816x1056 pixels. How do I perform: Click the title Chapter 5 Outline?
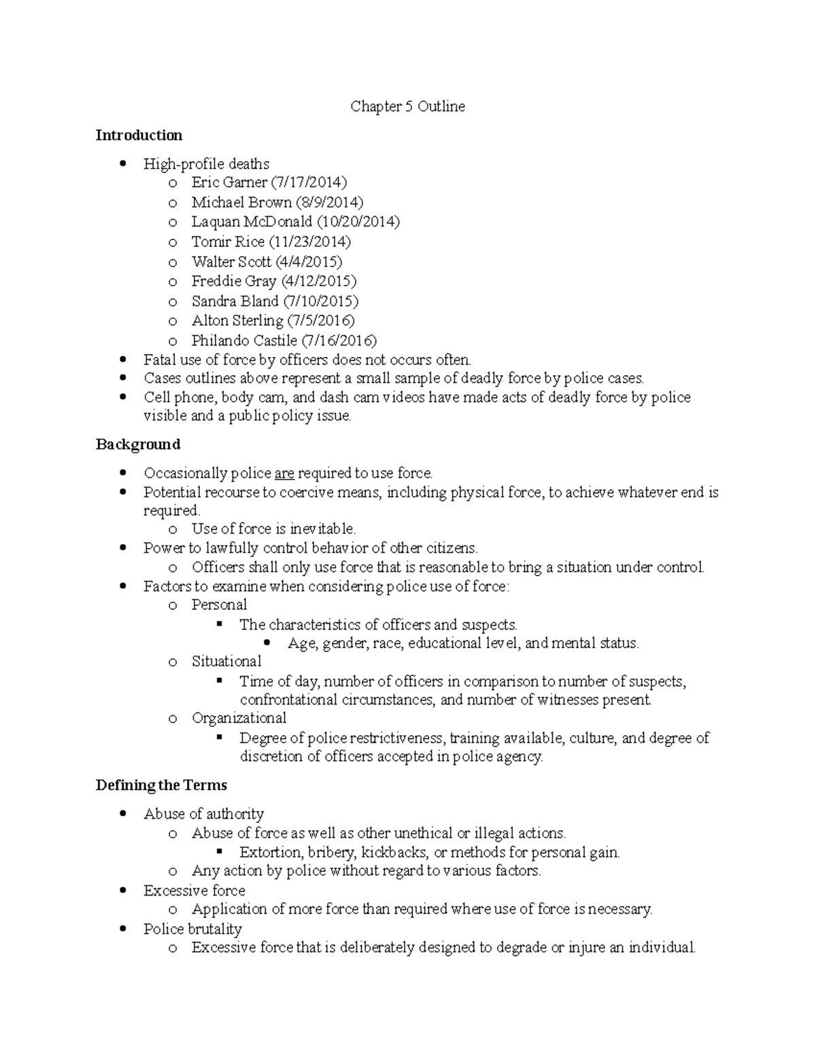[407, 107]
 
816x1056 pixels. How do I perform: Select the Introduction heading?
[139, 135]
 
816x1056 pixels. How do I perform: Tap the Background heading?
[138, 445]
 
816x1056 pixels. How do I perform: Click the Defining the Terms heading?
[161, 785]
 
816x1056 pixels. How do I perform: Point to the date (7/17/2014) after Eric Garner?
[309, 182]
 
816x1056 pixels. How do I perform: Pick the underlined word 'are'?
[284, 473]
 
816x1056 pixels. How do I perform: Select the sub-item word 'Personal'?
[219, 605]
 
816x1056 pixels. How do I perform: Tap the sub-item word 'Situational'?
[226, 662]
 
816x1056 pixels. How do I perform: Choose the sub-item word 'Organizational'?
[239, 718]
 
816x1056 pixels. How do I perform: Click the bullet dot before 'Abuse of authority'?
[122, 814]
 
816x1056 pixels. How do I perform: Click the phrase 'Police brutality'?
[192, 929]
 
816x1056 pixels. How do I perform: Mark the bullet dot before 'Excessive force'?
[122, 891]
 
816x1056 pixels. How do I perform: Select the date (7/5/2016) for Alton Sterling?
[321, 321]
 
